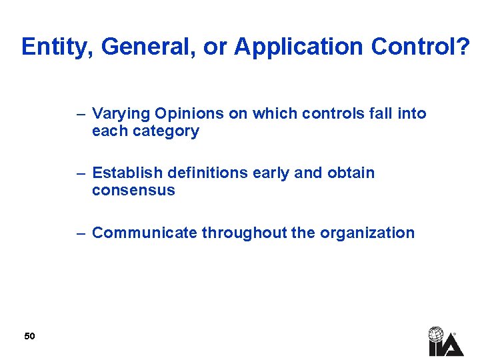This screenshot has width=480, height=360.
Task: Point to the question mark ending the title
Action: (464, 47)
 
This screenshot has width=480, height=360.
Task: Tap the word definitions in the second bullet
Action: (203, 173)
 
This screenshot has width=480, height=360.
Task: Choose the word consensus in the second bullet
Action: (133, 191)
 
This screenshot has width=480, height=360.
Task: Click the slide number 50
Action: (29, 336)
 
